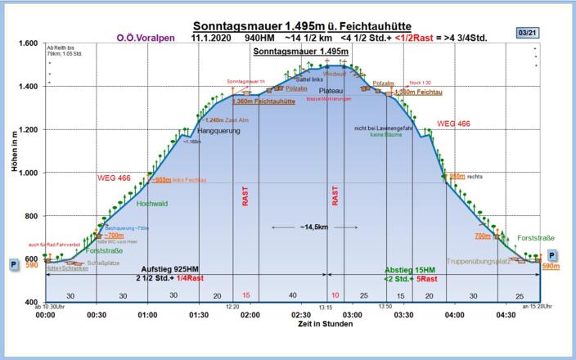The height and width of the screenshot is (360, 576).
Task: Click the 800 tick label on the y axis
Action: [29, 216]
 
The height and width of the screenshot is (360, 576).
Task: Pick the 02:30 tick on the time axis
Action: [301, 314]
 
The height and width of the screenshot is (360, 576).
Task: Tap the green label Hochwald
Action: [151, 203]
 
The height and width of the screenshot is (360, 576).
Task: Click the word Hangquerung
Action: [218, 131]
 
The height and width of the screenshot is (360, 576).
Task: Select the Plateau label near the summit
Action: [331, 90]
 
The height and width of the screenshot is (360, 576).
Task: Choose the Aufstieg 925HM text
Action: [171, 268]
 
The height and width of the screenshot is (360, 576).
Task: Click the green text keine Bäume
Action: [385, 134]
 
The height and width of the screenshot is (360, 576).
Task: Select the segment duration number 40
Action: [292, 295]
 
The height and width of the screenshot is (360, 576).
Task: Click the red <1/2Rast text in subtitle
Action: [442, 37]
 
